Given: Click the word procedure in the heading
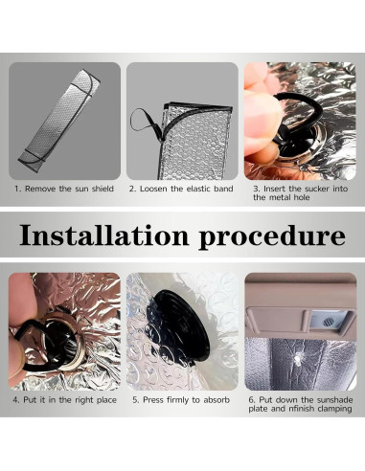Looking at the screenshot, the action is pos(272,237).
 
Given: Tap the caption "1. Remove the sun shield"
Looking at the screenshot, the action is pos(64,189).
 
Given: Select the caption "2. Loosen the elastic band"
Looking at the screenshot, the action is pos(181,189).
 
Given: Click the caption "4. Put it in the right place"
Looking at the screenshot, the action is pos(65,400).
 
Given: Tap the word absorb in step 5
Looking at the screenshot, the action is pos(217,400).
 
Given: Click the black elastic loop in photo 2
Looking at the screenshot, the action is pos(145,121).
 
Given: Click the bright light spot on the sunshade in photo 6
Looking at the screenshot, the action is pos(298,361).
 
